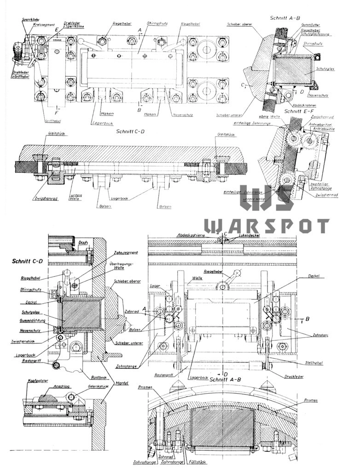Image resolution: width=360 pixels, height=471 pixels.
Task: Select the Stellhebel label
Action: [314, 363]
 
